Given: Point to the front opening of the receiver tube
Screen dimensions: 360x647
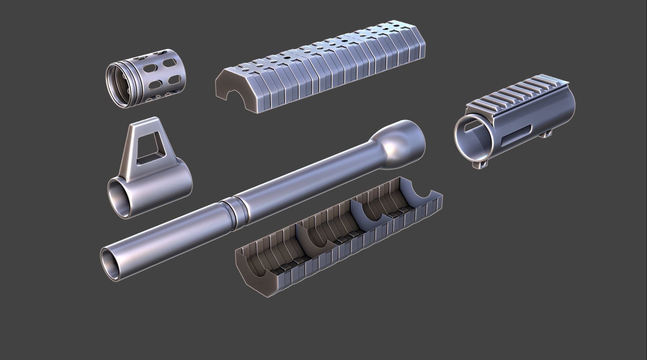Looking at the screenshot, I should coord(472,136).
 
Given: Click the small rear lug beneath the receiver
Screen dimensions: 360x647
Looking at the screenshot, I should coord(547,135).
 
